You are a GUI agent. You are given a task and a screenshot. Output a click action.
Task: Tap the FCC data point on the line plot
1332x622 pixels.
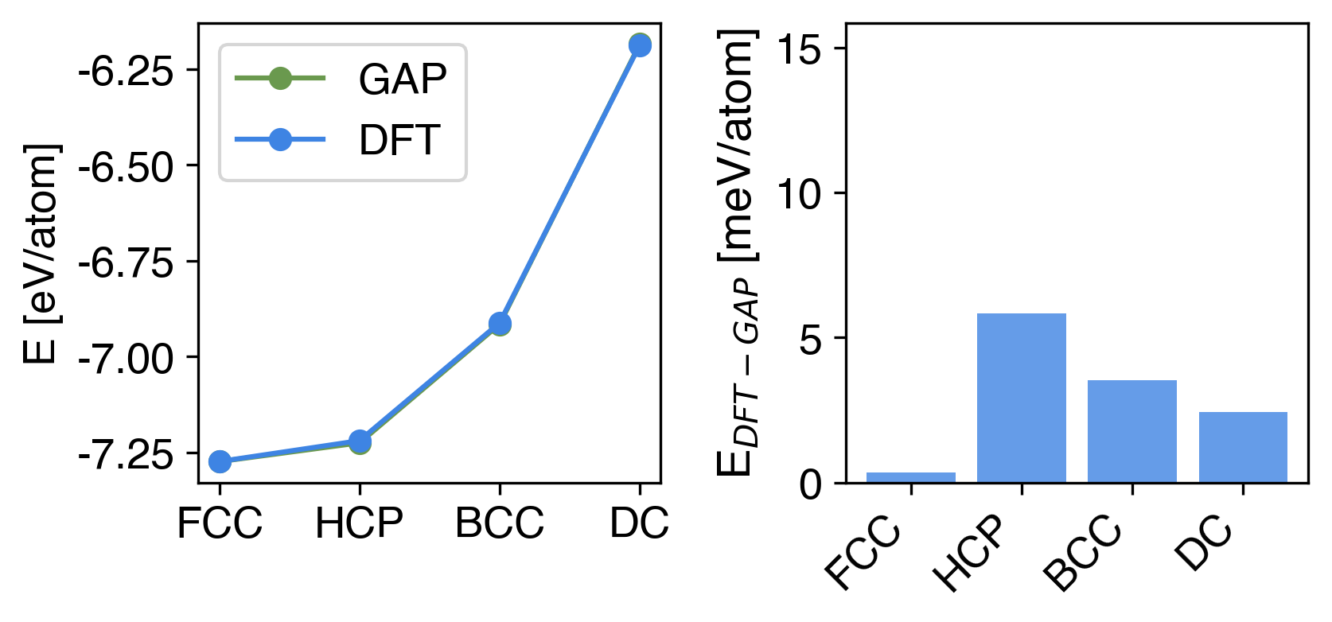pos(220,461)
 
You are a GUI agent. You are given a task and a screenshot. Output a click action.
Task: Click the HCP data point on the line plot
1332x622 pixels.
pos(360,441)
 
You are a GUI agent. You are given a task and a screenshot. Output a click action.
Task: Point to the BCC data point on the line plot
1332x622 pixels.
pos(500,324)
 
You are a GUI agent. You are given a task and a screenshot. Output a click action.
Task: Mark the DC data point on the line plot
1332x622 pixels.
pos(640,45)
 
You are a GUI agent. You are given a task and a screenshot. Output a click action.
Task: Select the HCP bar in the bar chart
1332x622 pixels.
pos(1022,398)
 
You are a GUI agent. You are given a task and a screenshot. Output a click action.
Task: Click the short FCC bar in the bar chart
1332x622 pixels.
pos(911,477)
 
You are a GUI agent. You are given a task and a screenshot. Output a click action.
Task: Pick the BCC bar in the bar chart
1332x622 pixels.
pos(1132,431)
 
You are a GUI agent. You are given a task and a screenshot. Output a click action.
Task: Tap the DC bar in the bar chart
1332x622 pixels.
pos(1243,447)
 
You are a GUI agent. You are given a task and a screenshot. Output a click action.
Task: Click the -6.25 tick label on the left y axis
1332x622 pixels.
pos(126,72)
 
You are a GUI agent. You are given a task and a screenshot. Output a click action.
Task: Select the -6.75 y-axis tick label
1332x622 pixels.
pos(126,262)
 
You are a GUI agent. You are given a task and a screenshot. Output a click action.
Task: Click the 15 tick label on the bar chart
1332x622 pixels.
pos(800,49)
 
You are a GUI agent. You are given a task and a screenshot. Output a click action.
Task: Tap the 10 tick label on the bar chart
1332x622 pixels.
pos(800,194)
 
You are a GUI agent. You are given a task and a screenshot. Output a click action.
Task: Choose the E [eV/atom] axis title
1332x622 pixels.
pos(41,255)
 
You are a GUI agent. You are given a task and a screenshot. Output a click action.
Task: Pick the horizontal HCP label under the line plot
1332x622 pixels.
pos(360,523)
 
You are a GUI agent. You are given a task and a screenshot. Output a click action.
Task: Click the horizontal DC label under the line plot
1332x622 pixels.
pos(639,523)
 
